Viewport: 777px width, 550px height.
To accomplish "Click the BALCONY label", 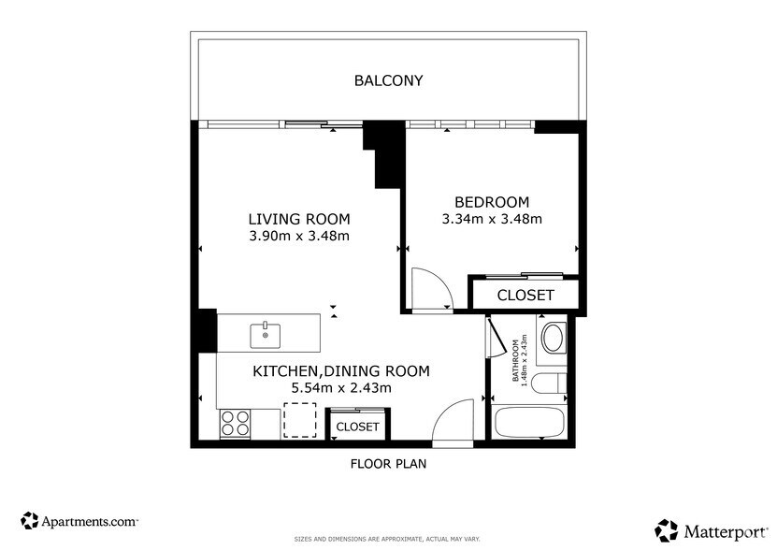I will pyautogui.click(x=388, y=80).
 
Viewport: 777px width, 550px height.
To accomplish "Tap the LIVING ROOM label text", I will pyautogui.click(x=298, y=220).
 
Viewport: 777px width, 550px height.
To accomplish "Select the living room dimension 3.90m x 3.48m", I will pyautogui.click(x=298, y=236).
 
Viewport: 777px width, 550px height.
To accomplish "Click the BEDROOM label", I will pyautogui.click(x=492, y=202).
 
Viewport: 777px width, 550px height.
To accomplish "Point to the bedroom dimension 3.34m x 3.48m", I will pyautogui.click(x=492, y=219).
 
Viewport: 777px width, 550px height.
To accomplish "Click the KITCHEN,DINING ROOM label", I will pyautogui.click(x=341, y=371).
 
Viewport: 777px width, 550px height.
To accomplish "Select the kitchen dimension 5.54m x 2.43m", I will pyautogui.click(x=341, y=387).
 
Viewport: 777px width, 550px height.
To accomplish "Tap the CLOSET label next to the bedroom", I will pyautogui.click(x=525, y=295).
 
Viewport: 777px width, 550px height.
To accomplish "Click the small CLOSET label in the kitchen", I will pyautogui.click(x=357, y=427).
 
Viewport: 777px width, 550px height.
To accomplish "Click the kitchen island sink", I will pyautogui.click(x=266, y=333).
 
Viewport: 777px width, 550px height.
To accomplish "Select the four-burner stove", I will pyautogui.click(x=235, y=424).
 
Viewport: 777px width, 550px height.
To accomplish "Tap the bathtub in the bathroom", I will pyautogui.click(x=529, y=423).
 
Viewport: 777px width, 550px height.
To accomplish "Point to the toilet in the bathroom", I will pyautogui.click(x=552, y=384).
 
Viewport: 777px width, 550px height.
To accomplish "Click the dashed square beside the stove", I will pyautogui.click(x=299, y=420).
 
